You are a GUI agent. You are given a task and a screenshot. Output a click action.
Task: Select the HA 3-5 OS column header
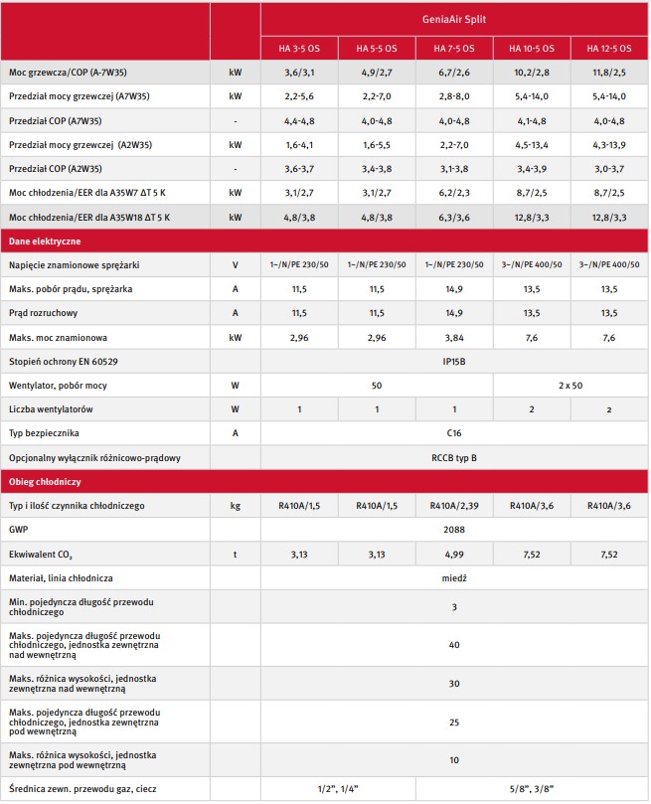(x=299, y=48)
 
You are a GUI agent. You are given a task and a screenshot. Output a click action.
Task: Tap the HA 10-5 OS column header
(x=532, y=48)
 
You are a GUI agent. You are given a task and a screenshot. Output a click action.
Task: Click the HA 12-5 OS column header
(x=609, y=48)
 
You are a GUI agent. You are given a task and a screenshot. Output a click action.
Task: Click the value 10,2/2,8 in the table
(x=532, y=73)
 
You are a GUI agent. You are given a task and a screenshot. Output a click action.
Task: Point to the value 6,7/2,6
(x=454, y=73)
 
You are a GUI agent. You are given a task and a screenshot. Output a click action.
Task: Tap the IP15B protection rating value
(x=454, y=361)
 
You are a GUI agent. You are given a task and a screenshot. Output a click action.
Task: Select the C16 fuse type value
(x=454, y=432)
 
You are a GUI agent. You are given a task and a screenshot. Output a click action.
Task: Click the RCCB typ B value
(x=454, y=457)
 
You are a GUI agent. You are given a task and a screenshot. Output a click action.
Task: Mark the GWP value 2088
(x=454, y=530)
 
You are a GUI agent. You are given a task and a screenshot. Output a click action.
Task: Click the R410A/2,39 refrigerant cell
(x=454, y=506)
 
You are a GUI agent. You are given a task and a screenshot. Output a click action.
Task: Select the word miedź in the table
(x=454, y=577)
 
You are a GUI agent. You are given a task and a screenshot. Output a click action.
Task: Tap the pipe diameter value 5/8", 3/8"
(x=532, y=789)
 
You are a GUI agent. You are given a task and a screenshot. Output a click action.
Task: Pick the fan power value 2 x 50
(x=570, y=385)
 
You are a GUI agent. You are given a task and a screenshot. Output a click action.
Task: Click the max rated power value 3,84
(x=454, y=337)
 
